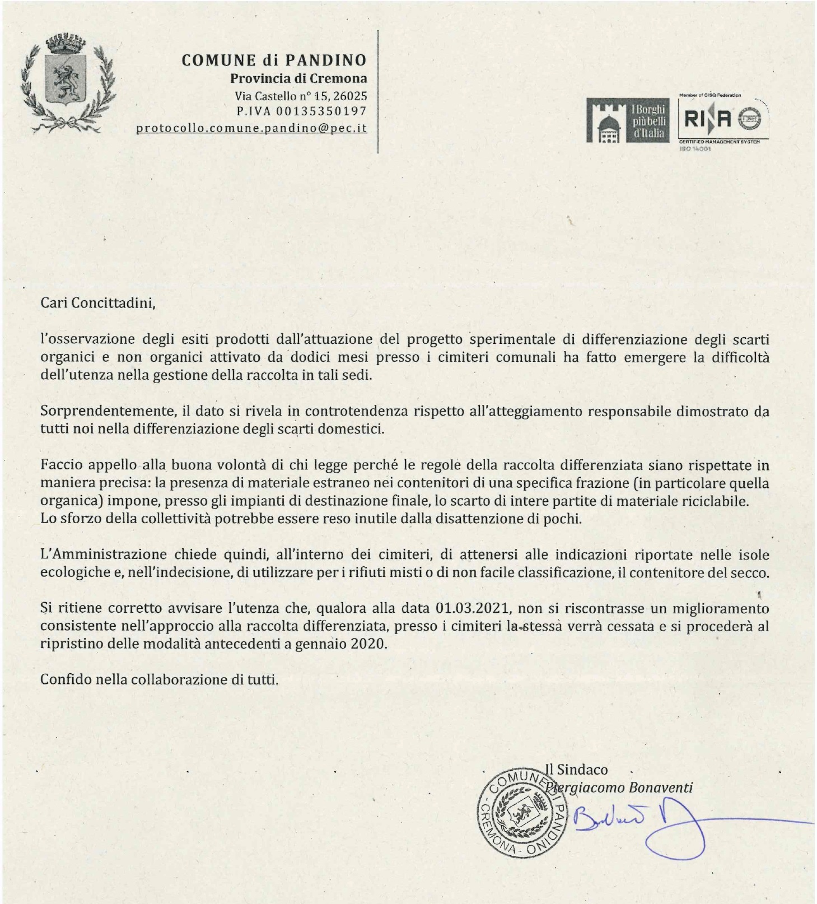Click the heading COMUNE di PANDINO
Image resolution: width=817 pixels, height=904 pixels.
click(274, 60)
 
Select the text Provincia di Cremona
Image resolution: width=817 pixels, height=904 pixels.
click(298, 78)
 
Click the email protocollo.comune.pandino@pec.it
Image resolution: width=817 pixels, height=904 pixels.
click(251, 128)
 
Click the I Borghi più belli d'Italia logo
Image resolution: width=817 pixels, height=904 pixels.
click(627, 120)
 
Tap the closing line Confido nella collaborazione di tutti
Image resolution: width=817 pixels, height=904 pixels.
click(159, 680)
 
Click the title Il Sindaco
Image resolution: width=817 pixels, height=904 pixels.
click(577, 770)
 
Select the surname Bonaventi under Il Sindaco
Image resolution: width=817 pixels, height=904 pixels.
click(661, 787)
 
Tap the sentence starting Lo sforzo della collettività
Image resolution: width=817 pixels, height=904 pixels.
click(311, 519)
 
